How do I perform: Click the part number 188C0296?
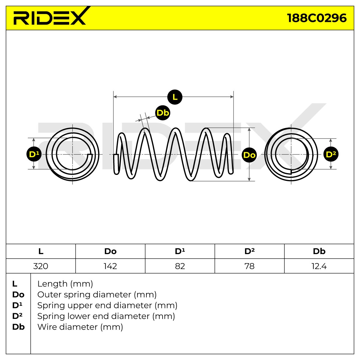(x=317, y=18)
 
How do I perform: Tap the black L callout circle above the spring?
(x=175, y=97)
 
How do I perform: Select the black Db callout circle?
(x=163, y=113)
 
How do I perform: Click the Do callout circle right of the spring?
(x=249, y=155)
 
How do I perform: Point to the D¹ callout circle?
(x=34, y=154)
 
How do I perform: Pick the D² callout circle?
(x=331, y=154)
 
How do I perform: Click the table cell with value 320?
(x=41, y=266)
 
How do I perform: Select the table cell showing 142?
(x=110, y=266)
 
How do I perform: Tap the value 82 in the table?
(x=180, y=266)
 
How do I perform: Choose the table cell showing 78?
(x=249, y=266)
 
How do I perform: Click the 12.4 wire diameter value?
(x=319, y=266)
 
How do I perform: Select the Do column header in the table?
(x=110, y=251)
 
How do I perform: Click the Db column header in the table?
(x=319, y=251)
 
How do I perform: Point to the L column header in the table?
(x=41, y=251)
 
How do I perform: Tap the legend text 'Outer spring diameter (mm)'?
(x=97, y=295)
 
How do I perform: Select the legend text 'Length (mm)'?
(x=65, y=284)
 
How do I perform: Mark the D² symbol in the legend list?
(x=17, y=316)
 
